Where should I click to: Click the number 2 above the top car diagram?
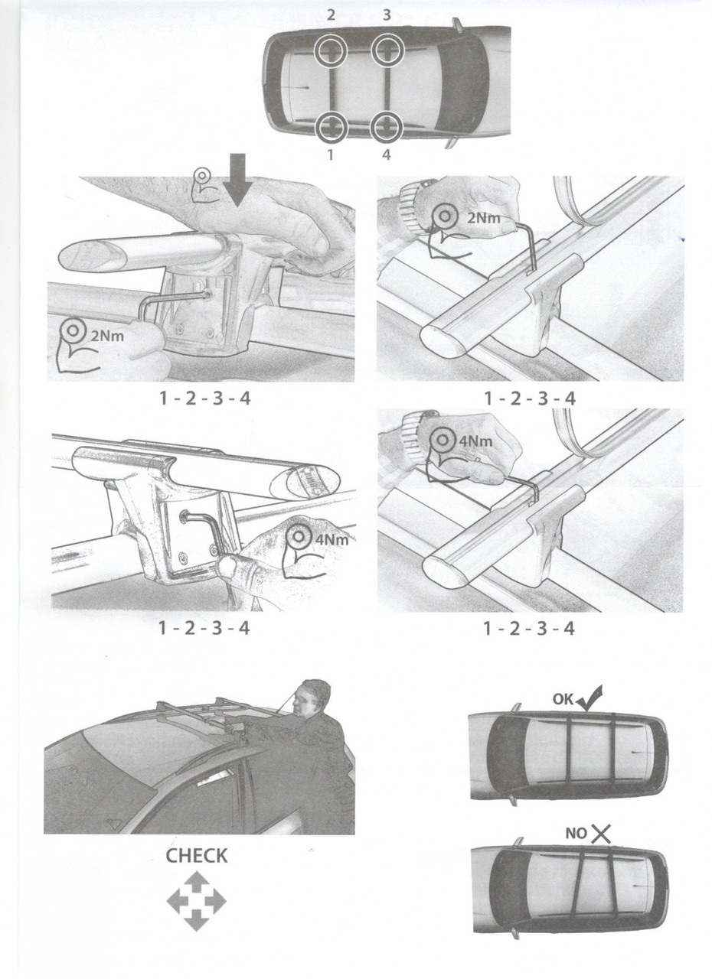331,15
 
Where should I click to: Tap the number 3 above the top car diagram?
387,15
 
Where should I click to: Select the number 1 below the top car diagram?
331,154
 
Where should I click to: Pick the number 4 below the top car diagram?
386,154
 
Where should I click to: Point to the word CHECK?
196,855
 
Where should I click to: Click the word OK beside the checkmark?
563,699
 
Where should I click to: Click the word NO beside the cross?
576,834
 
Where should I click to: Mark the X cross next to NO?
601,834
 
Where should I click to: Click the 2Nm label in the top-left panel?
107,336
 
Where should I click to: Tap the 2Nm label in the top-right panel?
483,217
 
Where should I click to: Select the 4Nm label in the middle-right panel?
475,441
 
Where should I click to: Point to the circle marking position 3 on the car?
387,50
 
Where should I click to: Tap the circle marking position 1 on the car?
331,128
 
